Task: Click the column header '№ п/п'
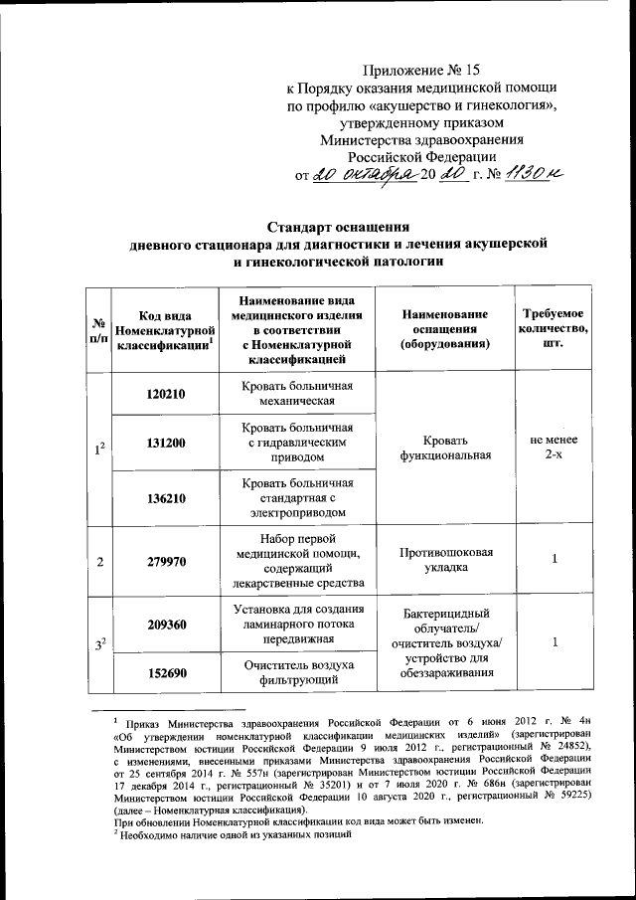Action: click(98, 328)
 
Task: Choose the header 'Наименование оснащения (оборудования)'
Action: click(444, 328)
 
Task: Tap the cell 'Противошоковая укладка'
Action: click(444, 562)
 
